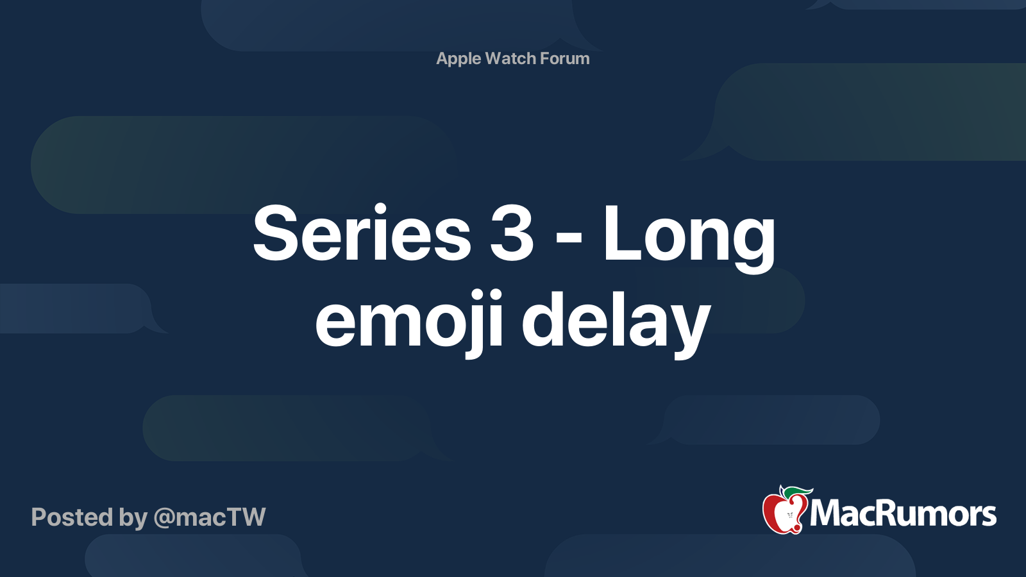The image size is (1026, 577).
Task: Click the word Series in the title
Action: [362, 234]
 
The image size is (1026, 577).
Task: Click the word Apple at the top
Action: [458, 58]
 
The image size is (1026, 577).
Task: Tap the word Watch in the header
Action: [510, 58]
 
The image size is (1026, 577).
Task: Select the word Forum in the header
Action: [564, 58]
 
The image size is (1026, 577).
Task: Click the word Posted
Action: [72, 517]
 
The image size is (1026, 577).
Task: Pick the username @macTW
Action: [210, 517]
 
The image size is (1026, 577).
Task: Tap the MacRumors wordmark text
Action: [903, 514]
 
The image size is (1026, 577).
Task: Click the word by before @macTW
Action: [133, 518]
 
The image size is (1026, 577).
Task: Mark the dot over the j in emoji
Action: [494, 296]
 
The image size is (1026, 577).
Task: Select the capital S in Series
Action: [274, 234]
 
